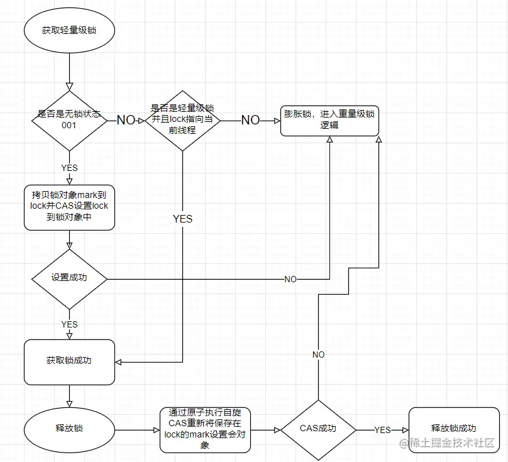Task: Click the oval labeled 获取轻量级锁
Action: pyautogui.click(x=69, y=30)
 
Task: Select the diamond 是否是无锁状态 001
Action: pyautogui.click(x=69, y=120)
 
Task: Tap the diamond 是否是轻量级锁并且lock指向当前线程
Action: pyautogui.click(x=182, y=120)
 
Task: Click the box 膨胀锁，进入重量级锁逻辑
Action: pyautogui.click(x=329, y=120)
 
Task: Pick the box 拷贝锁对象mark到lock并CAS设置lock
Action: pyautogui.click(x=69, y=206)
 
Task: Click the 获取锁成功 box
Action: pyautogui.click(x=69, y=361)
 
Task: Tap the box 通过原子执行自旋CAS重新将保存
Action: pyautogui.click(x=205, y=430)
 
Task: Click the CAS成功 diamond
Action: pyautogui.click(x=318, y=430)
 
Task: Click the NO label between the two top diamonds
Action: pyautogui.click(x=126, y=120)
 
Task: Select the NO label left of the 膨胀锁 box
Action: pyautogui.click(x=250, y=120)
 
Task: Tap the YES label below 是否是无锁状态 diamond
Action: pyautogui.click(x=69, y=168)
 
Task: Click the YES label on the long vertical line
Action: pyautogui.click(x=182, y=219)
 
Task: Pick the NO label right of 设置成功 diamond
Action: pyautogui.click(x=290, y=279)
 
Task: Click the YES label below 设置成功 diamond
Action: pyautogui.click(x=69, y=324)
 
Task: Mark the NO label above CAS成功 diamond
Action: pyautogui.click(x=318, y=355)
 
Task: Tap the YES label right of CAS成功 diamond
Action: pyautogui.click(x=382, y=430)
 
